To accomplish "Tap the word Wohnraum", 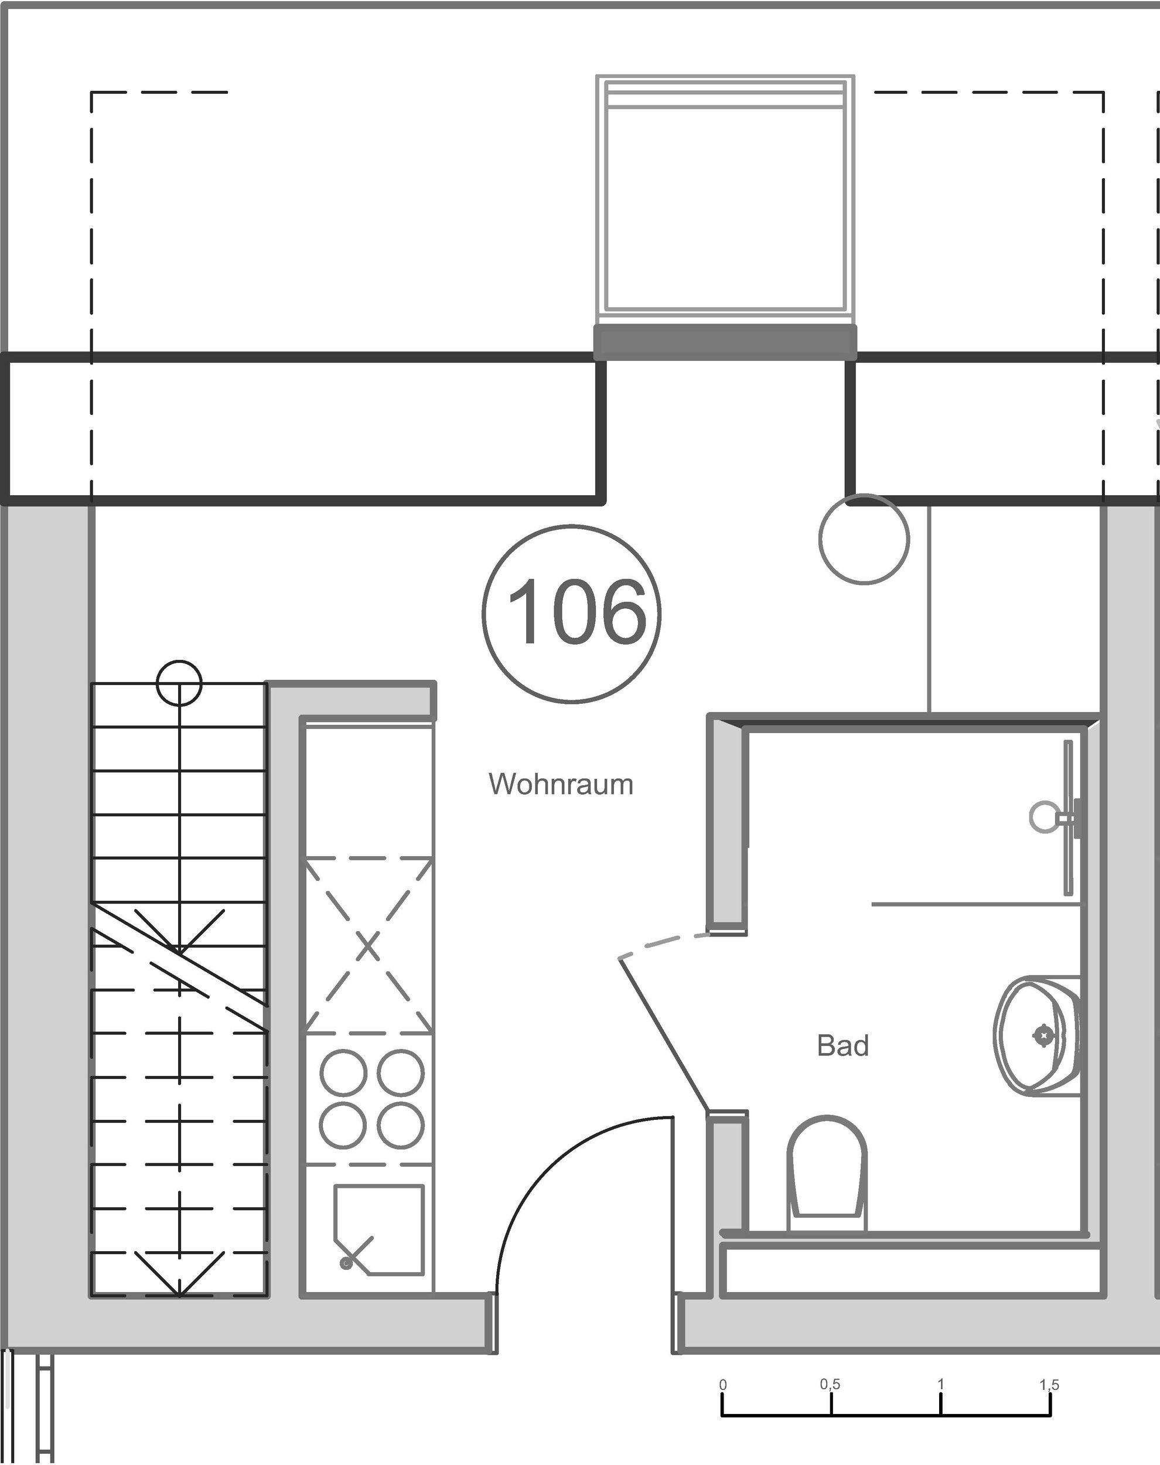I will click(x=561, y=785).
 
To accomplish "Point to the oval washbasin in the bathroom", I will click(x=1037, y=1036).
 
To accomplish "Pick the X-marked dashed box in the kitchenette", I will click(x=367, y=946).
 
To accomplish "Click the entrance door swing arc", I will click(x=543, y=1168).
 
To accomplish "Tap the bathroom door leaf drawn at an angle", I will click(x=666, y=1033).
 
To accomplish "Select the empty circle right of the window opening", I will click(x=864, y=539).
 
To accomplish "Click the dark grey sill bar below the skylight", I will click(x=725, y=342).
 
